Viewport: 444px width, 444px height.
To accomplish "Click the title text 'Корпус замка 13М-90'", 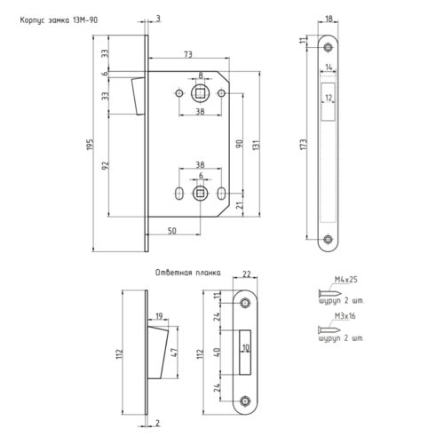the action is pos(59,20).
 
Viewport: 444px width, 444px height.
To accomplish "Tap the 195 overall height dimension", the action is pos(90,144).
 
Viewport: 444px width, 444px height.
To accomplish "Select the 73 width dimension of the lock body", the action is pos(188,54).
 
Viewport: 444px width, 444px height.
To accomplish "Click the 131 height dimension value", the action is pos(256,145).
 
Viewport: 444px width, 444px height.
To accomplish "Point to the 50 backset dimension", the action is pos(172,231).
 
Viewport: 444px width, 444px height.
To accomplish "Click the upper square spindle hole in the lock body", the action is pos(201,94).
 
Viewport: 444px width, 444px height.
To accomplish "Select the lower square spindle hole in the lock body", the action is pos(201,194).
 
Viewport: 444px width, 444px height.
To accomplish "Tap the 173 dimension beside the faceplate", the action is pos(304,145).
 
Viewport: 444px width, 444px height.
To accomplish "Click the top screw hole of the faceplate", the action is pos(328,47).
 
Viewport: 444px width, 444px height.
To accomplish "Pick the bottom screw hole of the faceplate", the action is pos(328,239).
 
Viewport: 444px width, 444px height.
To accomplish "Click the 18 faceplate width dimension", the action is pos(329,19).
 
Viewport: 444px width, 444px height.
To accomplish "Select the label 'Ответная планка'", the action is pos(188,273).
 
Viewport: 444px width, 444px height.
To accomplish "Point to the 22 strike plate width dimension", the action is pos(247,274).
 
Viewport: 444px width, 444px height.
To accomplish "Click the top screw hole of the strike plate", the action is pos(245,303).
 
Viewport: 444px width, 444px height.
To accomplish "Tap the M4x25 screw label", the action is pos(346,280).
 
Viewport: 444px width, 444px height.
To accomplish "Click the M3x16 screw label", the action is pos(345,316).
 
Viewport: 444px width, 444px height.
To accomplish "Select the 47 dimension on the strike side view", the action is pos(175,353).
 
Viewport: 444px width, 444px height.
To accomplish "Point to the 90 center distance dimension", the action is pos(240,144).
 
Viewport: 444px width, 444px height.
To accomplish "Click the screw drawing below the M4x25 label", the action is pos(330,294).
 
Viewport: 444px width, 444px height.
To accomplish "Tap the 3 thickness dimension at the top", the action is pos(158,19).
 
